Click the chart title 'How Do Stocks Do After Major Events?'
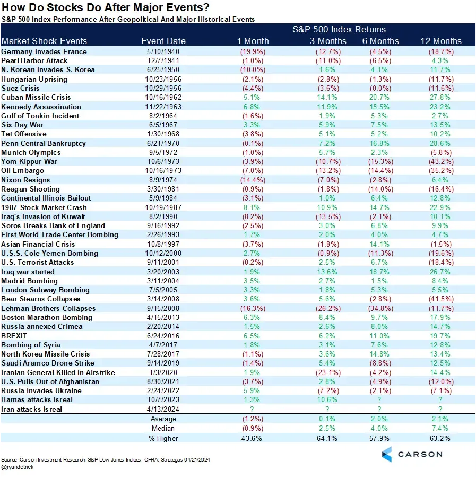click(x=106, y=8)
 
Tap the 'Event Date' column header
click(x=163, y=41)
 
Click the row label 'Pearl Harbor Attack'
click(x=36, y=61)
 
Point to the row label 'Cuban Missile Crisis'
click(x=36, y=98)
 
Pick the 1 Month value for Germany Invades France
click(x=253, y=52)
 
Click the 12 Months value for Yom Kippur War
click(x=440, y=161)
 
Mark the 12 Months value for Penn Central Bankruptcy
click(x=440, y=143)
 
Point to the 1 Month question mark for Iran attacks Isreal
click(x=253, y=409)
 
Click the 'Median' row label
click(x=163, y=428)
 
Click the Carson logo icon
click(x=387, y=454)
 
